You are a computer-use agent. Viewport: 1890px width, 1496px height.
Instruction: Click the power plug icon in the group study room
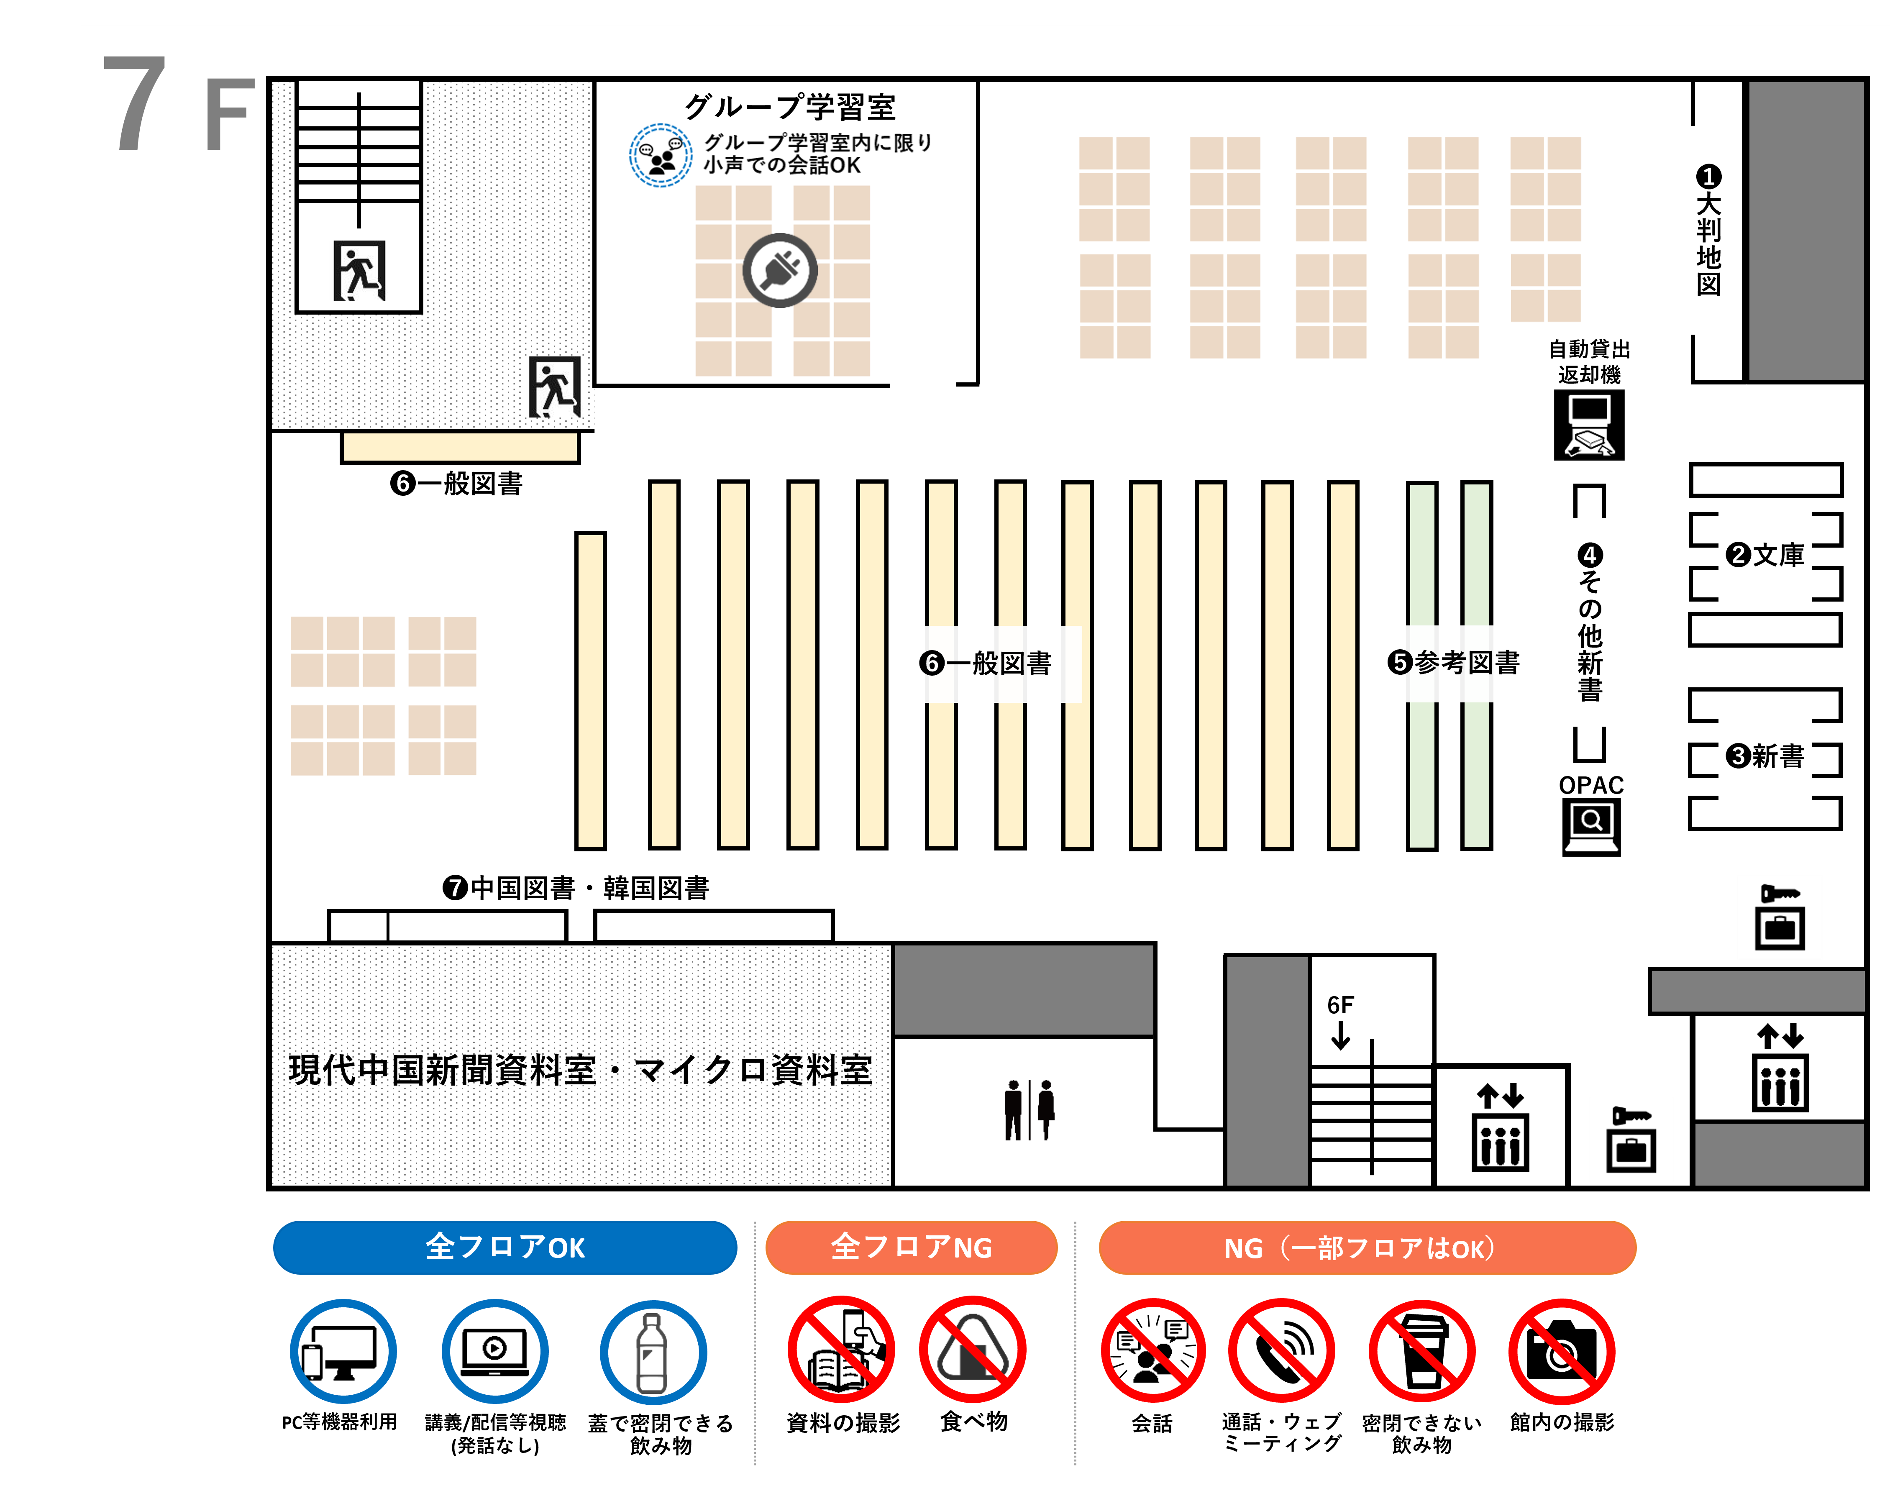tap(779, 271)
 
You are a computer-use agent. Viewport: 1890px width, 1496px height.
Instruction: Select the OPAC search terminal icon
tap(1590, 827)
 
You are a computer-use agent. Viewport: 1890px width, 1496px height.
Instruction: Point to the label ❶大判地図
tap(1708, 231)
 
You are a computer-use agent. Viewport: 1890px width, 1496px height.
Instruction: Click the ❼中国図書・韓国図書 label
tap(576, 888)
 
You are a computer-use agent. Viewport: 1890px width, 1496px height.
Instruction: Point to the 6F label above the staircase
tap(1340, 1004)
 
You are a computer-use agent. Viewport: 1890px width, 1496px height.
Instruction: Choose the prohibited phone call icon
tap(1281, 1350)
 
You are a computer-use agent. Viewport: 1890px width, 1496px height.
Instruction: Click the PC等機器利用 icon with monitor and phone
tap(343, 1352)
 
